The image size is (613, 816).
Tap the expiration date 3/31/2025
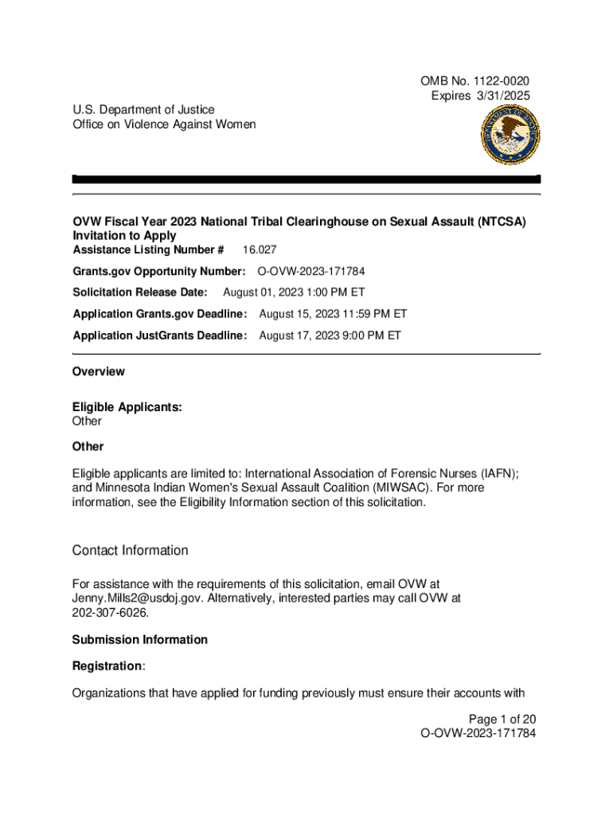tap(502, 96)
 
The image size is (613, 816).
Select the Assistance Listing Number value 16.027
tap(260, 249)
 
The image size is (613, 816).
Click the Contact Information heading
tap(130, 551)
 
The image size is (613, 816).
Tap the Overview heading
tap(98, 371)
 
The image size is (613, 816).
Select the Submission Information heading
tap(139, 640)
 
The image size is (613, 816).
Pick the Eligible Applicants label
tap(127, 407)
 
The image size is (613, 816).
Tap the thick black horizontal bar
tap(306, 179)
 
